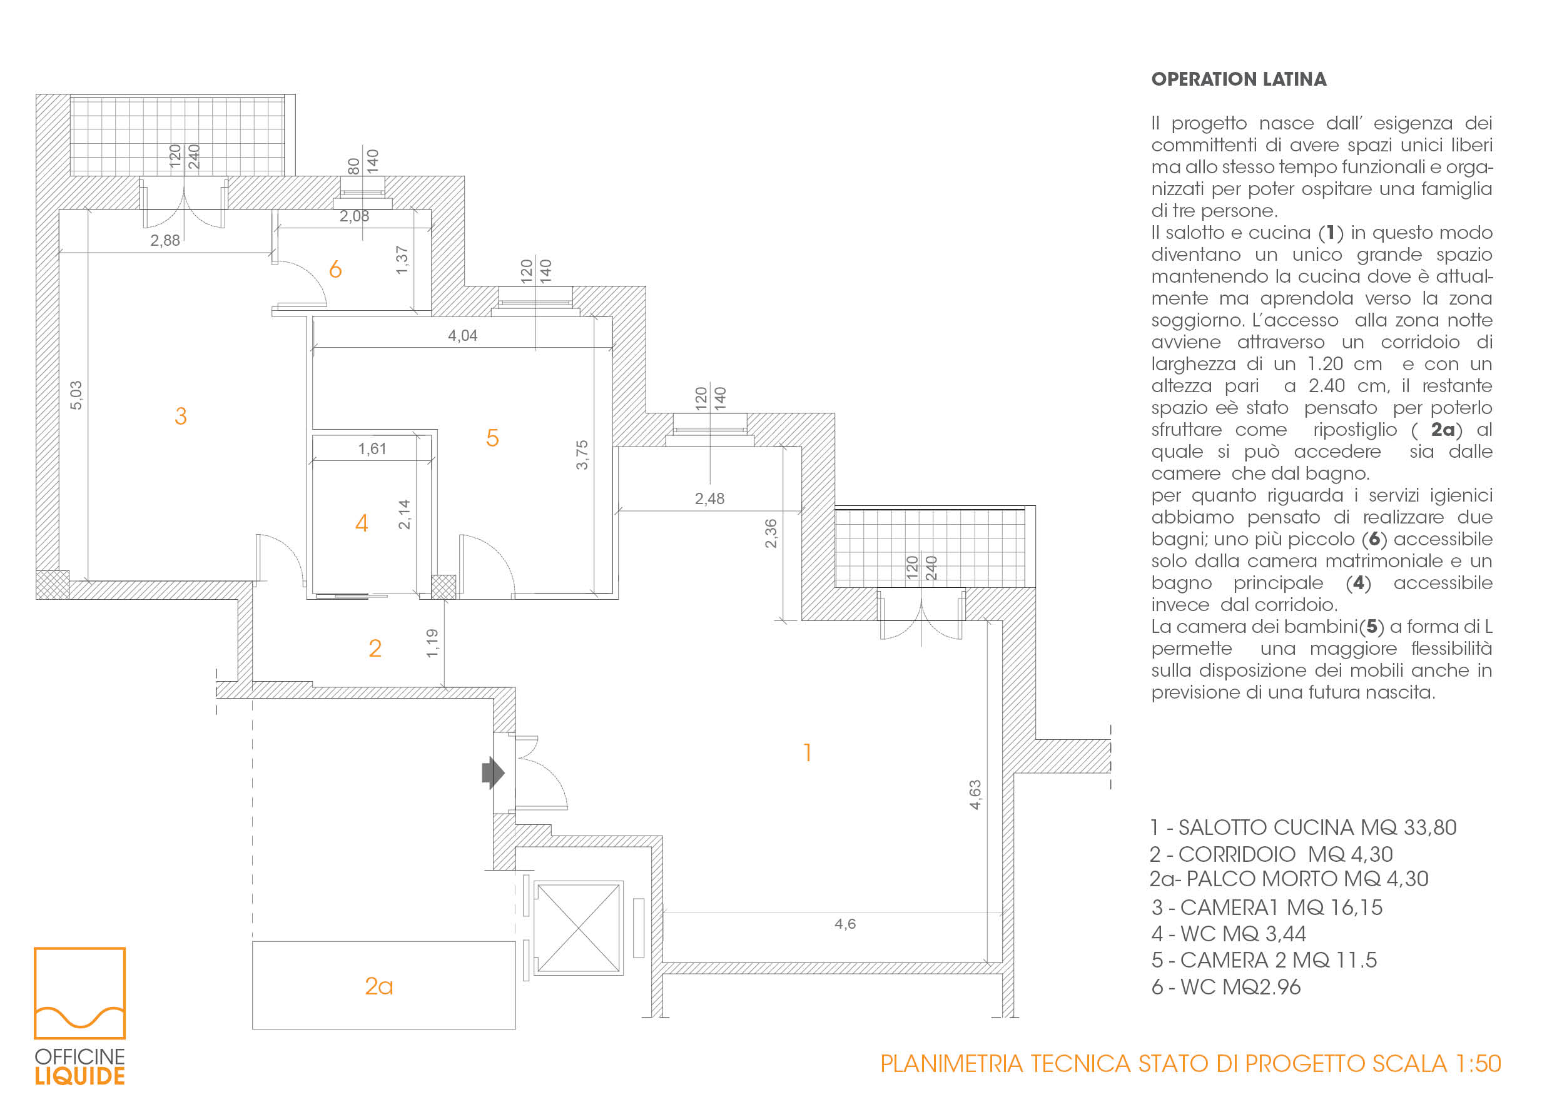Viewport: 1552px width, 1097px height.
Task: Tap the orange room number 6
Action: (335, 270)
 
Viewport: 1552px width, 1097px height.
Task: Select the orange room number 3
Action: (181, 417)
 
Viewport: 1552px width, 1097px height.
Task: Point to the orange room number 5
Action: (492, 438)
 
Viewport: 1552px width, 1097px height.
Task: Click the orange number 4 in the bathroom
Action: (362, 523)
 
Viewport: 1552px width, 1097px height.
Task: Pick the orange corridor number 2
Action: (375, 649)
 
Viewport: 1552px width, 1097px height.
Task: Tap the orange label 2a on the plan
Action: (378, 987)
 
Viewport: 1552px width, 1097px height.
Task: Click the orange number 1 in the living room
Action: (807, 752)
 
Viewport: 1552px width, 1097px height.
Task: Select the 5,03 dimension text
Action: (76, 395)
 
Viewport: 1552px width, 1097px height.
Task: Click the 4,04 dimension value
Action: (462, 336)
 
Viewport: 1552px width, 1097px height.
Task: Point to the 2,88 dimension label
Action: (165, 241)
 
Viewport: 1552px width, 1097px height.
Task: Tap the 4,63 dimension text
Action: (975, 795)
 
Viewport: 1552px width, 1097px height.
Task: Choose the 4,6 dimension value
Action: (845, 924)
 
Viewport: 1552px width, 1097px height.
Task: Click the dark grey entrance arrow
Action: (493, 772)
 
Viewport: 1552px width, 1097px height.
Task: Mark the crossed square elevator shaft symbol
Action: (579, 928)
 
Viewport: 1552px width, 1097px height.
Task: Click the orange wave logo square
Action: (80, 993)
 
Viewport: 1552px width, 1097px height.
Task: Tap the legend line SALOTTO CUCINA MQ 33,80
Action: (1303, 828)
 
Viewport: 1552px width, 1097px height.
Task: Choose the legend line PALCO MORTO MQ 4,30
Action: (1289, 879)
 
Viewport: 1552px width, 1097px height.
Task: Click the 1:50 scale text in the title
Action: (1478, 1064)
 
